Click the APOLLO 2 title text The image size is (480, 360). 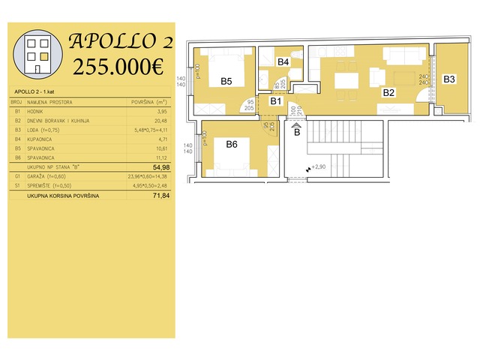120,40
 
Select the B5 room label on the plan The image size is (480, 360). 226,81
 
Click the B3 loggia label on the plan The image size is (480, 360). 449,79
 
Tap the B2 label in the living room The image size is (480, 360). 388,94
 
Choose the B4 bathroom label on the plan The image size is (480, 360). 283,62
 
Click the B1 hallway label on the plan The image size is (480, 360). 275,100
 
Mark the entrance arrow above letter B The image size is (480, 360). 296,125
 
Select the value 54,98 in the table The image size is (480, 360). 161,167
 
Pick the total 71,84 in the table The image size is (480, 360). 161,195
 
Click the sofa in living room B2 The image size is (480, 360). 398,55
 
